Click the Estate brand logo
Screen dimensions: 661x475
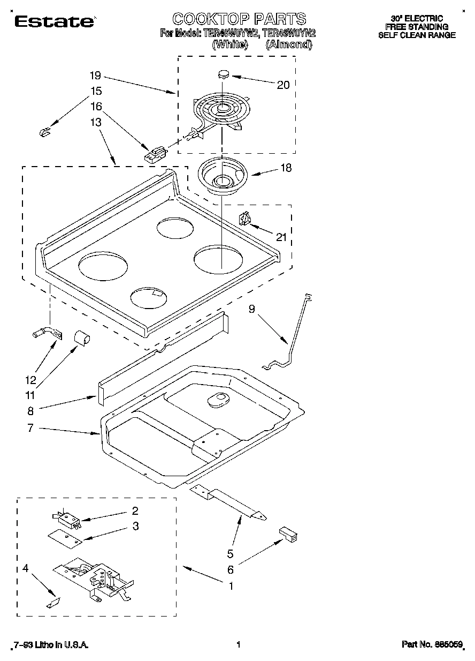(53, 21)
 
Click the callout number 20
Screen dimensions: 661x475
(283, 85)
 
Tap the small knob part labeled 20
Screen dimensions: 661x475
(224, 73)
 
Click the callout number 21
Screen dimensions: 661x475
(281, 237)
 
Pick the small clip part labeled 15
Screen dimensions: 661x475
(45, 131)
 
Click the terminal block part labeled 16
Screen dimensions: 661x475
(155, 154)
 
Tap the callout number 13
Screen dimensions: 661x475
(96, 123)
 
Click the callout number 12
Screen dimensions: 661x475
(30, 380)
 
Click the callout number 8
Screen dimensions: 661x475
(30, 411)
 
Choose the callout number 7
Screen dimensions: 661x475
(30, 428)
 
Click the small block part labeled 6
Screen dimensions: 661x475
(288, 535)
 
